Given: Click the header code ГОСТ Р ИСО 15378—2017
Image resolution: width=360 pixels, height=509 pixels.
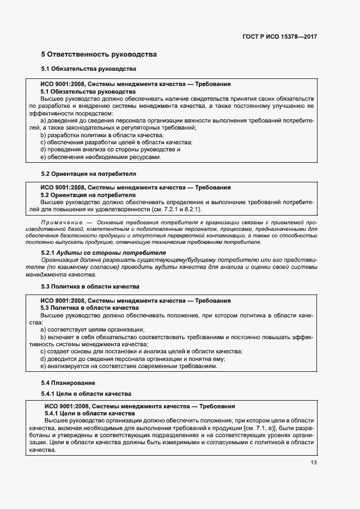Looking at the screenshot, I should coord(280,36).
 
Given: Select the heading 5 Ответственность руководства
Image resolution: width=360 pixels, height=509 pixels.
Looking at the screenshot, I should coord(99,54).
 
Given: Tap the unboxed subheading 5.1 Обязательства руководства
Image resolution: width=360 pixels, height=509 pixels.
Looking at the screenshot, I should coord(88,69).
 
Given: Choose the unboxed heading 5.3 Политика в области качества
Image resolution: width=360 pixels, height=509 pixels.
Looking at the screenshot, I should coord(90,286).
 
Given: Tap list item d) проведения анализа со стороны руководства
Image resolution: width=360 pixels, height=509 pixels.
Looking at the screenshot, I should coord(110,150).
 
